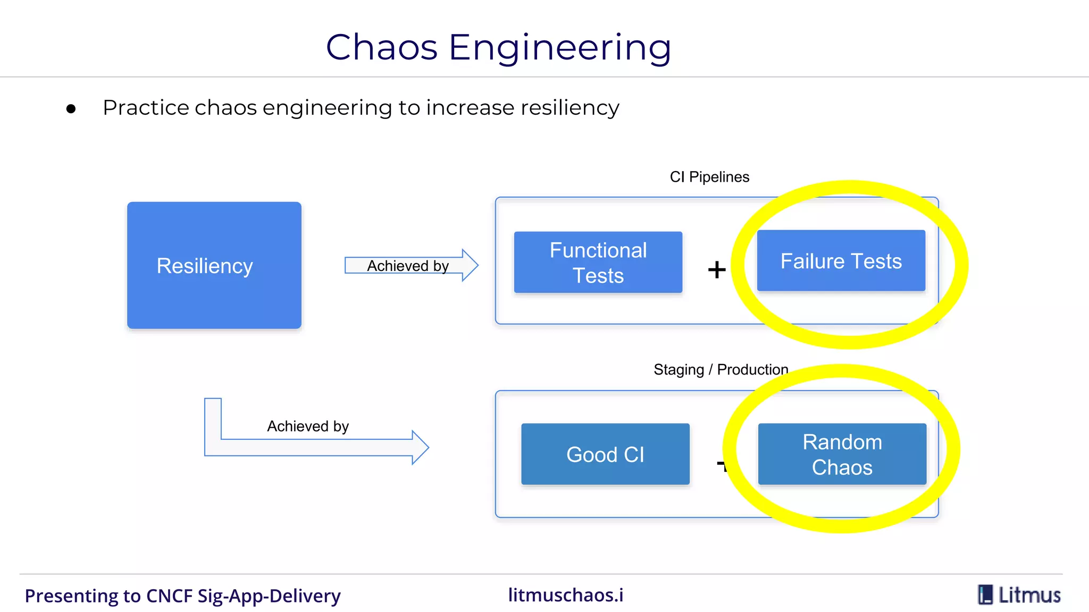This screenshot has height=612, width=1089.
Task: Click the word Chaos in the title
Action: pos(381,47)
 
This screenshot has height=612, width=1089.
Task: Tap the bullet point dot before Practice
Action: pos(71,109)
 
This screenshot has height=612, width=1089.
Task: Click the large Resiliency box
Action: pos(214,265)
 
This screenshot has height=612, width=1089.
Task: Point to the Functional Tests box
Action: pos(598,262)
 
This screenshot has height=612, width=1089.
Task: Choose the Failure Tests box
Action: pos(841,261)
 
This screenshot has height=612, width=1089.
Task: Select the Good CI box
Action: pos(605,454)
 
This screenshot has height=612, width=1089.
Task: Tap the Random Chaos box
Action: pos(842,454)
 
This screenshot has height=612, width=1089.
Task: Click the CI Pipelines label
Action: pos(709,177)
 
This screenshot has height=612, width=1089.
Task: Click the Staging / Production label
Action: pos(721,369)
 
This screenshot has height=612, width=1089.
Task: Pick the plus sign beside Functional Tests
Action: pos(717,269)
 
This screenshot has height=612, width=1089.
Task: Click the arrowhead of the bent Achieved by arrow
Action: pos(420,447)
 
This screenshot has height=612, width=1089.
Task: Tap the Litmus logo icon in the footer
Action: pos(985,594)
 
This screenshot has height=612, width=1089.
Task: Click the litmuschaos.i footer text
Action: pos(565,595)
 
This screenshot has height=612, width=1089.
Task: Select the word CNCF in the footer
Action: pos(169,596)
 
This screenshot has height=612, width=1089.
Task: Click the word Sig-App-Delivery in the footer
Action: pos(269,596)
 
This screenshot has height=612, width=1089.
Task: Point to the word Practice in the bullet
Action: pos(146,108)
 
